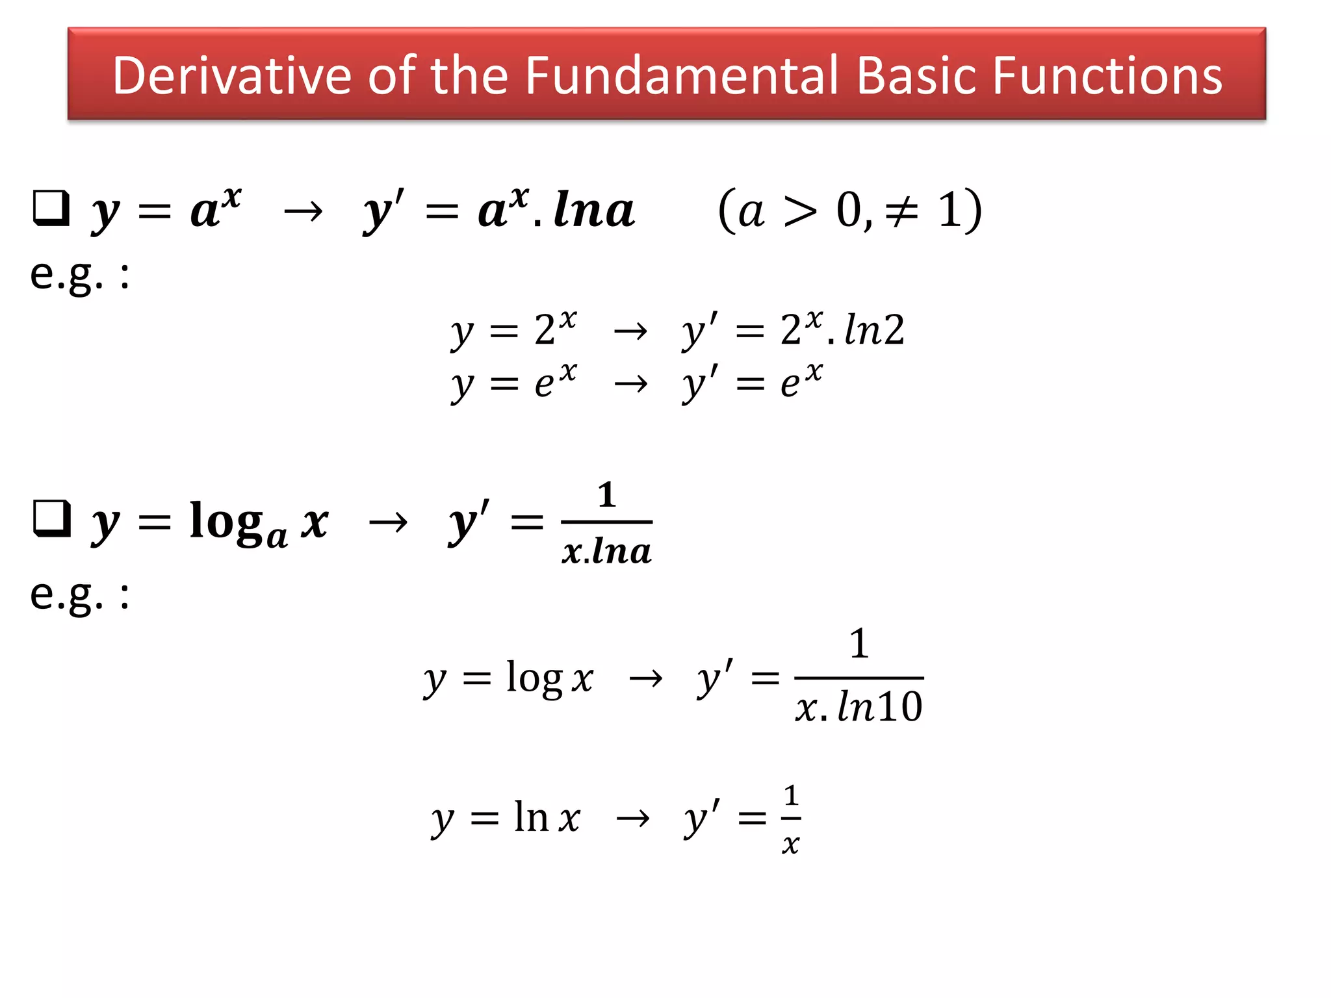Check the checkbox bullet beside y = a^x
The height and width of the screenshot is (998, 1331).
point(51,208)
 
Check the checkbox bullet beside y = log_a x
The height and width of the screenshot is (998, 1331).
point(51,518)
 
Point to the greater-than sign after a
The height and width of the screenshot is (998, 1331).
point(801,211)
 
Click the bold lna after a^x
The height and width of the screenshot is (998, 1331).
point(594,210)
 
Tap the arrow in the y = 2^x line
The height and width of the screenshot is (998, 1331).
point(630,331)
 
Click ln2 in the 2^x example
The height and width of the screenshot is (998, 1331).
point(875,330)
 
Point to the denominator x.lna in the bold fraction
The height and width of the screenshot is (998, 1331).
point(606,552)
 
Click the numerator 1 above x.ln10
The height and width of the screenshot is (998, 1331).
point(859,644)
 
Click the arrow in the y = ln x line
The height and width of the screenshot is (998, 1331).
point(633,818)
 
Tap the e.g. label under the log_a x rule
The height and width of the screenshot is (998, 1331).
point(79,595)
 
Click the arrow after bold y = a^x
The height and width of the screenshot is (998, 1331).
point(304,211)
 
